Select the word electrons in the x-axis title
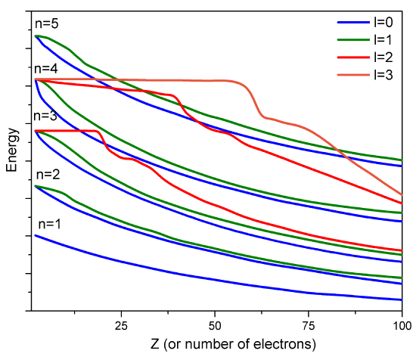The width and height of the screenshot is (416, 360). click(277, 344)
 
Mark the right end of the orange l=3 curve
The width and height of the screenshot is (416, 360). click(401, 194)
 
